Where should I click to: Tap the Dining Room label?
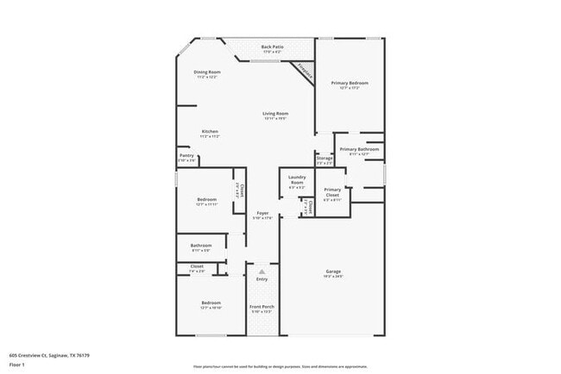[x=207, y=72]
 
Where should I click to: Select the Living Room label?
[x=275, y=114]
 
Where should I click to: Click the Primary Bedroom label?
[x=350, y=83]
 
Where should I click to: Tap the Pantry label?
[x=186, y=156]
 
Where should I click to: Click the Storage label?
[x=324, y=159]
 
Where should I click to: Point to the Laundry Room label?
[x=297, y=180]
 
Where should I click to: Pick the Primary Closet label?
[x=332, y=190]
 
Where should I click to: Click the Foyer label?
[x=262, y=213]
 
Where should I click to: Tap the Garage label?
[x=333, y=271]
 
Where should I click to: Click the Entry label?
[x=262, y=279]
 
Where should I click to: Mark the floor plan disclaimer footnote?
[x=280, y=365]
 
